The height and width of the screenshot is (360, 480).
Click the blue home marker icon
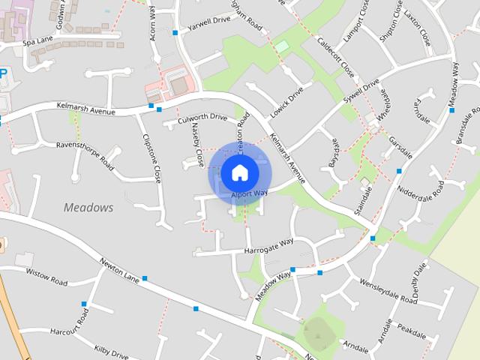[x=238, y=172]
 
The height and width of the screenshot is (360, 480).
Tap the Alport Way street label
[x=250, y=193]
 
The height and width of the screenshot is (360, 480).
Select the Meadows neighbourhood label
[x=88, y=206]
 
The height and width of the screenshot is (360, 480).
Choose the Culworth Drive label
[x=202, y=118]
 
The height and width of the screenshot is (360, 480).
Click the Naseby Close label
[x=199, y=145]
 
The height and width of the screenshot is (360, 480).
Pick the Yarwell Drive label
[x=210, y=24]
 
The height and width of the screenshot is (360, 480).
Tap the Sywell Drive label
[x=361, y=95]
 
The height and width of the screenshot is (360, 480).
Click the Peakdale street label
[x=412, y=330]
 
